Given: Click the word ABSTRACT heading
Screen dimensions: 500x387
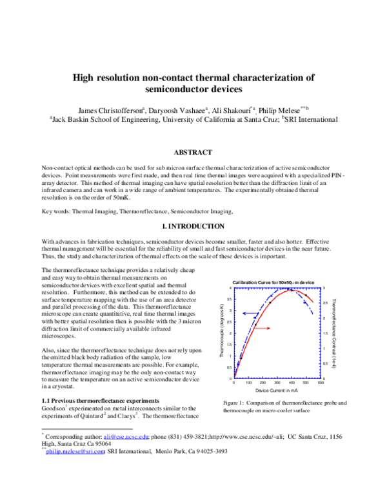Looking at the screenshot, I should tap(193, 153).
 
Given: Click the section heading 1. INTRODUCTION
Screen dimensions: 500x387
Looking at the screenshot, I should tap(193, 227).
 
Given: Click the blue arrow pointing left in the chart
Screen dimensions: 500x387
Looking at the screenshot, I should tap(257, 314).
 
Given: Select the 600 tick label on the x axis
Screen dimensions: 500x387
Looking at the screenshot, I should tap(321, 383).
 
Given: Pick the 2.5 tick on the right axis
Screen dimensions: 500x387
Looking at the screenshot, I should tap(326, 302).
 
